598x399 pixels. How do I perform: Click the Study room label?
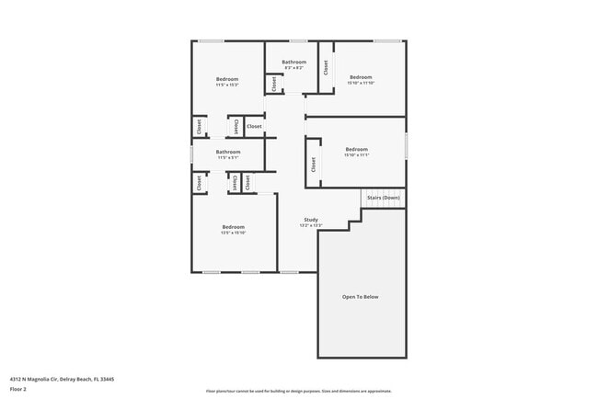click(311, 220)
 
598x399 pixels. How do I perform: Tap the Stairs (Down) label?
click(383, 198)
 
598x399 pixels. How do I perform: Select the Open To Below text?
click(361, 297)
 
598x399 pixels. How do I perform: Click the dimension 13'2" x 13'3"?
click(311, 226)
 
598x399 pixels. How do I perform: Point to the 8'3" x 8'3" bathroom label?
click(294, 68)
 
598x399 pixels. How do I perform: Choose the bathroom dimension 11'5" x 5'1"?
click(228, 158)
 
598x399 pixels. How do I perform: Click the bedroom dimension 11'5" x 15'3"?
click(227, 85)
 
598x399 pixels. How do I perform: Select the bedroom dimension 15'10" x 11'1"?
click(357, 155)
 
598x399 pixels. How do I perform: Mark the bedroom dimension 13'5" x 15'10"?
click(234, 233)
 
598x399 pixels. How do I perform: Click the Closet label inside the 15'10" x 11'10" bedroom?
click(326, 67)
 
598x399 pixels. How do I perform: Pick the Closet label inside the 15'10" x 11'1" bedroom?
click(314, 164)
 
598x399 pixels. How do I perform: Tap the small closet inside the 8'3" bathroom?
click(274, 84)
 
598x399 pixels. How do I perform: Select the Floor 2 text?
click(19, 389)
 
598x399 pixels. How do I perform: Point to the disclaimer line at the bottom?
click(298, 391)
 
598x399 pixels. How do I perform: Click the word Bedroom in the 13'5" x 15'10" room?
click(234, 226)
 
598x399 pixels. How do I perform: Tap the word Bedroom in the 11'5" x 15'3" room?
click(227, 79)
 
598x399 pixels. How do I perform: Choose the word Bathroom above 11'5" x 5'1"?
click(228, 152)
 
